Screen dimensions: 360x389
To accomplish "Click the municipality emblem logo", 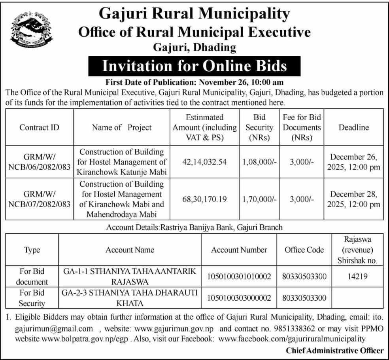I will coord(30,30).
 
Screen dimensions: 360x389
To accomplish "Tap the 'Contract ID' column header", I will coord(40,127).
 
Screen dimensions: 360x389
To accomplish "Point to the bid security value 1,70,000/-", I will coord(259,199).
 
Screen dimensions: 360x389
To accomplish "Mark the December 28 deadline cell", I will coord(354,199).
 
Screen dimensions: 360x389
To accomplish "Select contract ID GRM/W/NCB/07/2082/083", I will coord(40,199).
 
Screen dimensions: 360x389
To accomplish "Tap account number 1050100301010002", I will coord(239,277).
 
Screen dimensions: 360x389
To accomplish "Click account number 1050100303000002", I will coord(239,298).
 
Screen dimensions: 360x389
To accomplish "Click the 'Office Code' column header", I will coord(304,250).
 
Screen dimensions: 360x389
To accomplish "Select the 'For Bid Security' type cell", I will coord(32,298).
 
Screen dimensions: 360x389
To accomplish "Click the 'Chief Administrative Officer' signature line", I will coord(334,350).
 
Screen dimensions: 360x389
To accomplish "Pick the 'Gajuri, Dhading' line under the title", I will coord(194,48).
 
